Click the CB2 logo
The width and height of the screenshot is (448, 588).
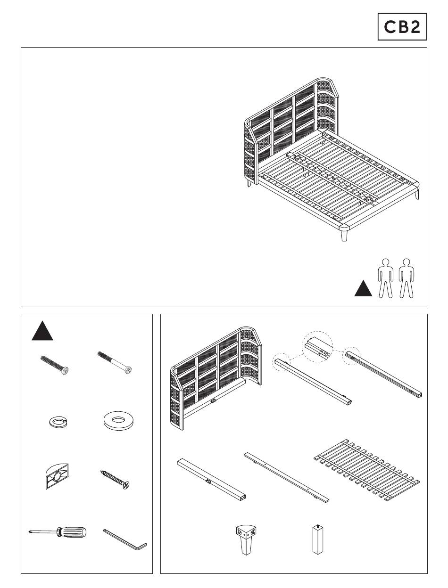pyautogui.click(x=402, y=26)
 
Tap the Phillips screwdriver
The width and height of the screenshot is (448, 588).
pyautogui.click(x=58, y=532)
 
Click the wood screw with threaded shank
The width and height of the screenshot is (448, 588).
pyautogui.click(x=115, y=480)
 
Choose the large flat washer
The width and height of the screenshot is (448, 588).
pyautogui.click(x=118, y=421)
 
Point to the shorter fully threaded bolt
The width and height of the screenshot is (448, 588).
pyautogui.click(x=54, y=365)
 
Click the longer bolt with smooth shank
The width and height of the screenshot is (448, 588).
pyautogui.click(x=115, y=362)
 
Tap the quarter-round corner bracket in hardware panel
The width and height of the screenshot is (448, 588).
pyautogui.click(x=57, y=476)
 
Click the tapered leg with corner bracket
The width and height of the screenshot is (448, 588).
pyautogui.click(x=245, y=539)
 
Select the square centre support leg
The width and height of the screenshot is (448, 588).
pyautogui.click(x=318, y=539)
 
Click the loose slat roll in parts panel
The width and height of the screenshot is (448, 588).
pyautogui.click(x=366, y=470)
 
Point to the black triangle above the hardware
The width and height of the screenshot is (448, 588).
pyautogui.click(x=42, y=331)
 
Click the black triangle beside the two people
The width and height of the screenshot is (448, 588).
pyautogui.click(x=363, y=288)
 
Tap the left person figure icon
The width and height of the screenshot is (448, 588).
pyautogui.click(x=386, y=278)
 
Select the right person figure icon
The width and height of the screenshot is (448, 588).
pyautogui.click(x=406, y=278)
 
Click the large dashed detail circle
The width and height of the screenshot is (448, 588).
pyautogui.click(x=317, y=347)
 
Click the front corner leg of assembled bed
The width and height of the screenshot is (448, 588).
pyautogui.click(x=344, y=235)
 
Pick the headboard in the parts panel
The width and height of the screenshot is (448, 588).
pyautogui.click(x=216, y=378)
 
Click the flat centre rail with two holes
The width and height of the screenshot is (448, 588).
pyautogui.click(x=286, y=478)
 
